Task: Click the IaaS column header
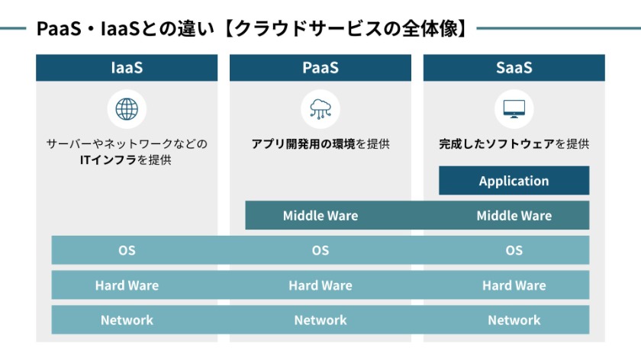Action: pyautogui.click(x=127, y=68)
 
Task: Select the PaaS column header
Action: pyautogui.click(x=320, y=68)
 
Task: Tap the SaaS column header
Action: pyautogui.click(x=514, y=68)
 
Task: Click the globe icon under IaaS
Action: pyautogui.click(x=127, y=109)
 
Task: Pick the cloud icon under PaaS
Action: pyautogui.click(x=320, y=109)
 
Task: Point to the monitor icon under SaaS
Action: pyautogui.click(x=514, y=109)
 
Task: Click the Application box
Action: pyautogui.click(x=514, y=181)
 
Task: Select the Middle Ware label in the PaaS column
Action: pyautogui.click(x=320, y=216)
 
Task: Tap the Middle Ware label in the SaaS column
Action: pyautogui.click(x=514, y=216)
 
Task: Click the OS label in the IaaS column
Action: pyautogui.click(x=127, y=250)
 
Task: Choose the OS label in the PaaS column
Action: pyautogui.click(x=320, y=250)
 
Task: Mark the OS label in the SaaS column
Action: pyautogui.click(x=514, y=250)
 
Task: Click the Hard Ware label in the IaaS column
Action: pyautogui.click(x=127, y=285)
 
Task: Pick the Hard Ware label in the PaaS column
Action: pyautogui.click(x=320, y=285)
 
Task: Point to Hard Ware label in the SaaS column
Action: pyautogui.click(x=514, y=285)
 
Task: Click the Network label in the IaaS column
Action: pyautogui.click(x=127, y=320)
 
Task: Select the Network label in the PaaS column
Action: pyautogui.click(x=320, y=320)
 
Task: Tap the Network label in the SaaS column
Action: pyautogui.click(x=514, y=320)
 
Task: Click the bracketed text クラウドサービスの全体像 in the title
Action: pyautogui.click(x=346, y=29)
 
